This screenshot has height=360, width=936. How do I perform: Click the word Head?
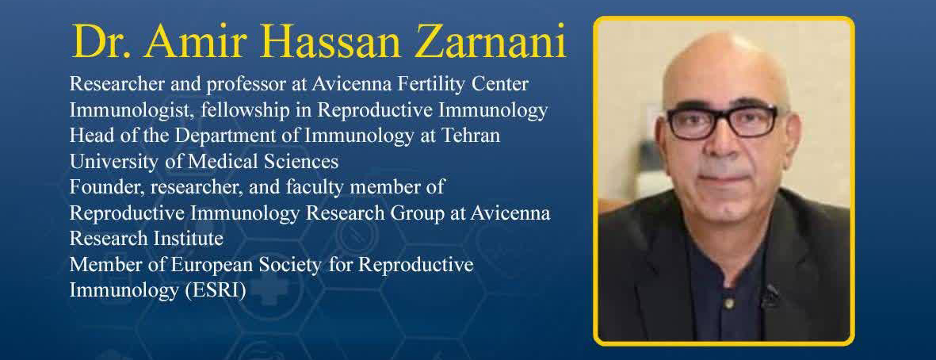(x=87, y=136)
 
